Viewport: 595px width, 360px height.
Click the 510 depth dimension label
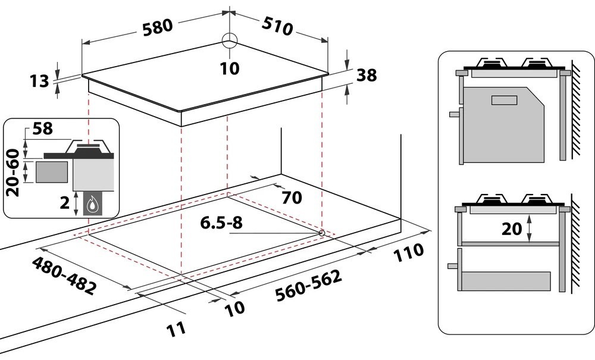278,26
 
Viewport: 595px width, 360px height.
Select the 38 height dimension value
367,76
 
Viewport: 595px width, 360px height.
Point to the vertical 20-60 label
12,173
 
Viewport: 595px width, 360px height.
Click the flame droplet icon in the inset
92,205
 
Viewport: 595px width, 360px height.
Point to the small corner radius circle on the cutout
322,233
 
